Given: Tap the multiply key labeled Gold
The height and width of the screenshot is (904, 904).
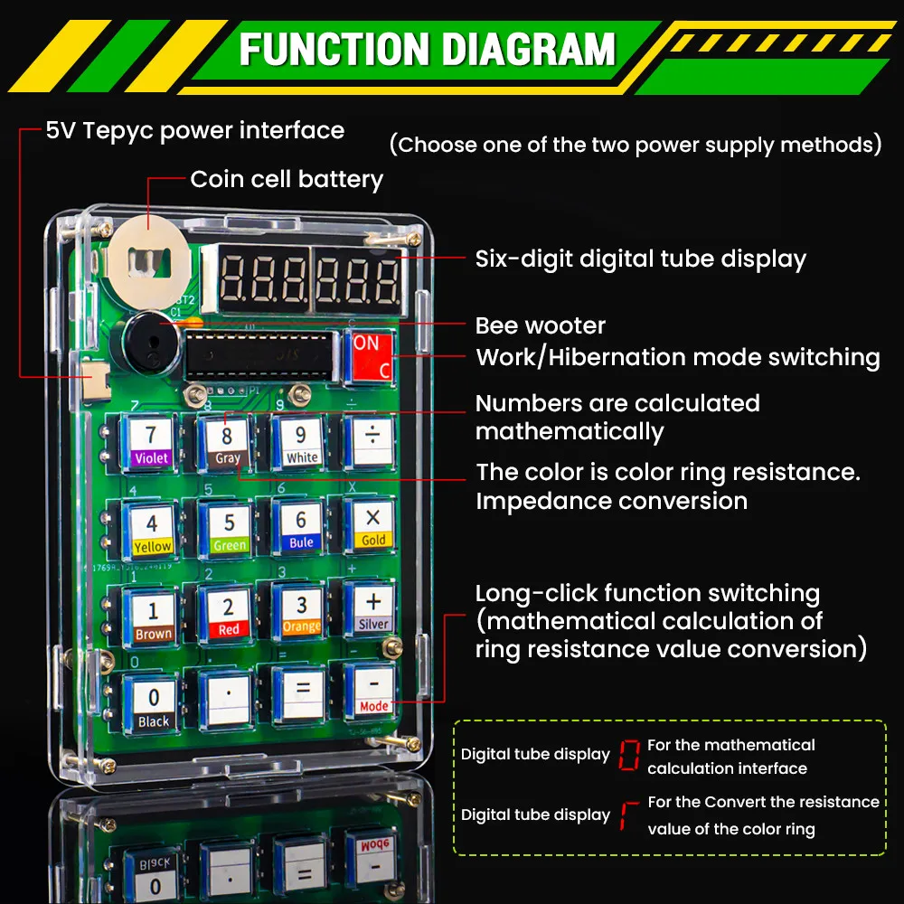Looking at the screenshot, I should [372, 525].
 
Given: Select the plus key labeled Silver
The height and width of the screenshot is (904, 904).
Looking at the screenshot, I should [372, 608].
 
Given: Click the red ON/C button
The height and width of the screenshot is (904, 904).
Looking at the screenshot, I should [371, 356].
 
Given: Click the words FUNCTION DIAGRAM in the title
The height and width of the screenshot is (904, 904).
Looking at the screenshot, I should [427, 49].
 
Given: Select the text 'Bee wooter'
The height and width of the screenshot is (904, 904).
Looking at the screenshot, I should [540, 325].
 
